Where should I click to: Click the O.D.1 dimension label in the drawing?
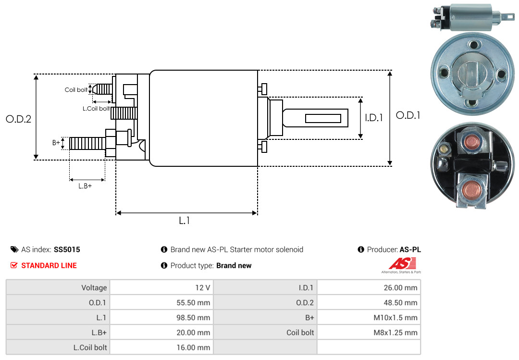click(x=408, y=115)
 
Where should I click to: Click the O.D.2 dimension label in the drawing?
click(x=18, y=119)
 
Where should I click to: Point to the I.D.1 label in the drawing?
click(x=374, y=117)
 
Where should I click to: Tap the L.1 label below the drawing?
click(x=185, y=221)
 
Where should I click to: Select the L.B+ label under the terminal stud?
click(x=85, y=186)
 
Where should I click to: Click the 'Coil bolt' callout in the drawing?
click(x=76, y=90)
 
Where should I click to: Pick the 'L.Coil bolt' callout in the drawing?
click(x=96, y=109)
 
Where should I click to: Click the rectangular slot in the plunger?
click(x=323, y=118)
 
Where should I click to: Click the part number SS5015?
click(x=67, y=249)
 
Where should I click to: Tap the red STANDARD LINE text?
click(x=49, y=265)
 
